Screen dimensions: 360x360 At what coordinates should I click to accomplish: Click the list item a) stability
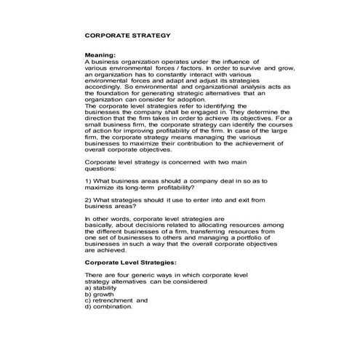102,288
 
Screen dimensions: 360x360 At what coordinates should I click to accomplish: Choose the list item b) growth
100,294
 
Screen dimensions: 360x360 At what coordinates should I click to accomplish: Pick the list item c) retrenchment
116,300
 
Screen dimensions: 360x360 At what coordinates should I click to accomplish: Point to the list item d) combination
109,306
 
